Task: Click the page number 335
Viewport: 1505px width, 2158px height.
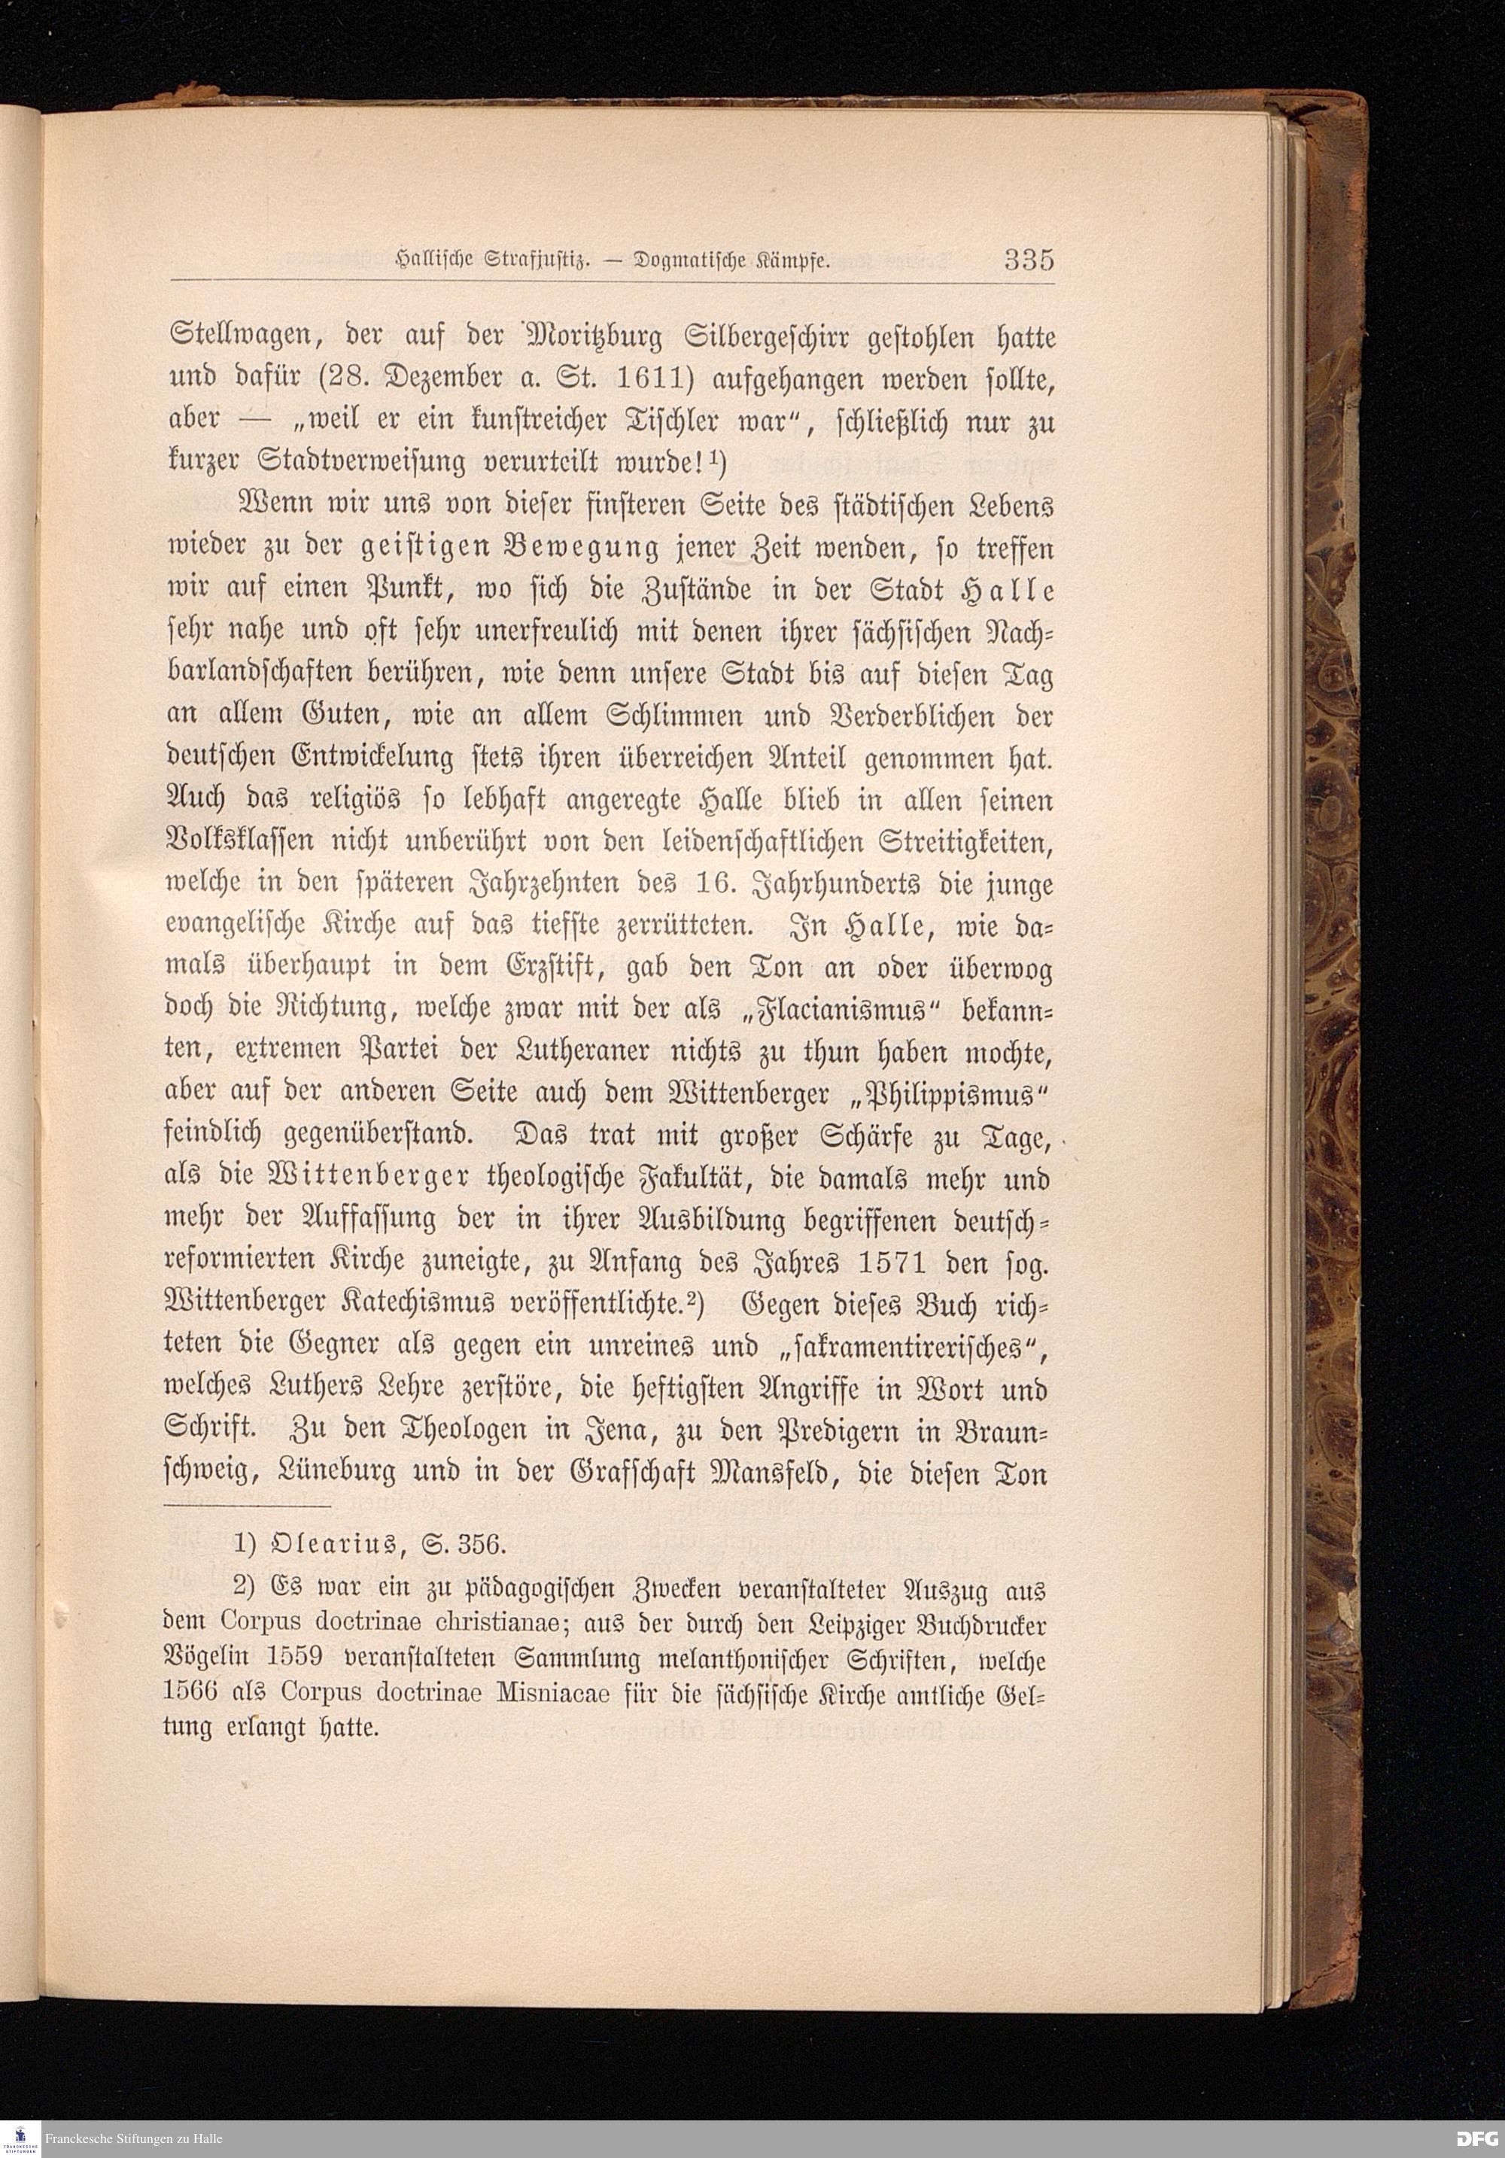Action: pos(1029,260)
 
